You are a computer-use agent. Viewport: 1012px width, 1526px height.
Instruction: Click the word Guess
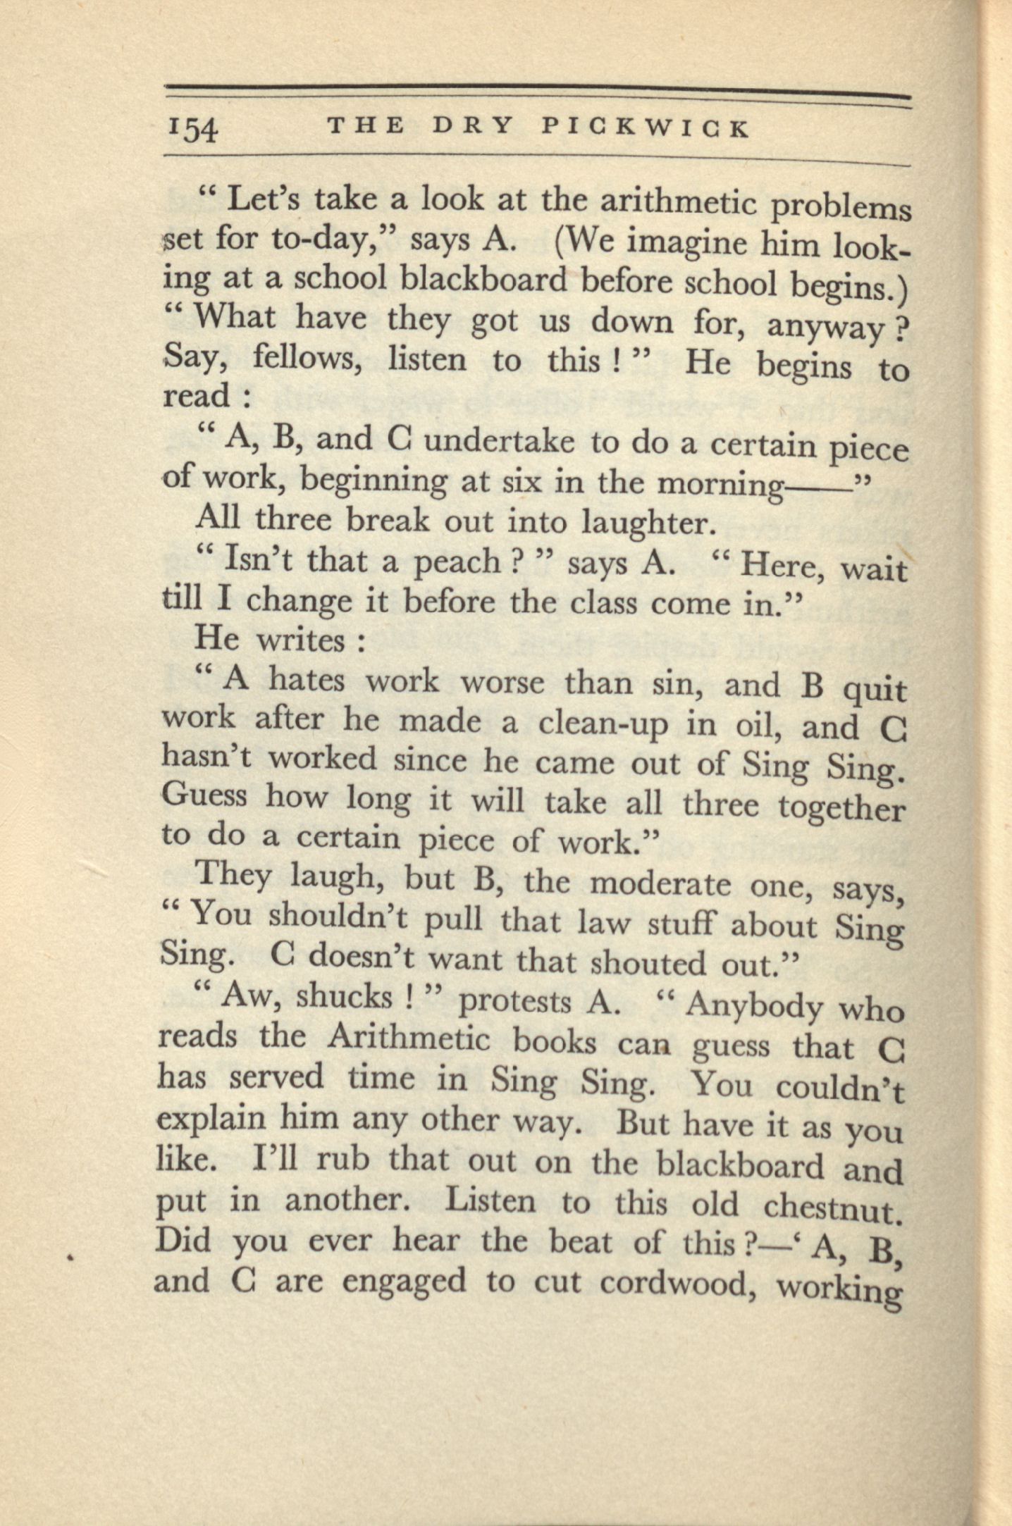click(204, 798)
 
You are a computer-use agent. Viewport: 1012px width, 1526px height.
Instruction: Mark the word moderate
click(660, 883)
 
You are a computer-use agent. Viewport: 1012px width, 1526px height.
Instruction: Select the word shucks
click(344, 996)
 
